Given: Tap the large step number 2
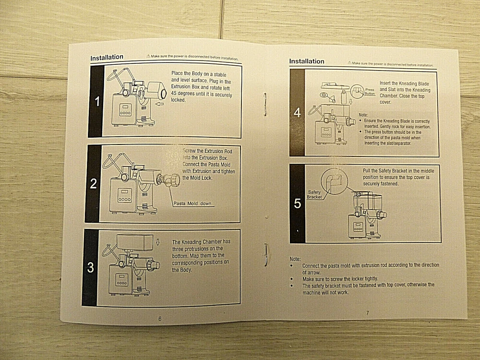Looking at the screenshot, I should (94, 183).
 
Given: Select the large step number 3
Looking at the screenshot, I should (91, 268).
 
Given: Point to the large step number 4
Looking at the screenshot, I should (297, 113).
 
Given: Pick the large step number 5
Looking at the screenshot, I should (297, 204).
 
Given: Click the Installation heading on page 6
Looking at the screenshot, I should (107, 58).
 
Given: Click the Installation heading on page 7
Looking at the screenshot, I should (306, 61).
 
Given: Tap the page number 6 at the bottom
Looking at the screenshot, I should (160, 318).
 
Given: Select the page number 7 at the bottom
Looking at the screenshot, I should (367, 313).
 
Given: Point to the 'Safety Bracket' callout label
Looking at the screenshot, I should (314, 195).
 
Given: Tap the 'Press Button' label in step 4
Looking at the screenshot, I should (370, 92).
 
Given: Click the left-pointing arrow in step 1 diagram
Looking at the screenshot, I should (160, 103).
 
